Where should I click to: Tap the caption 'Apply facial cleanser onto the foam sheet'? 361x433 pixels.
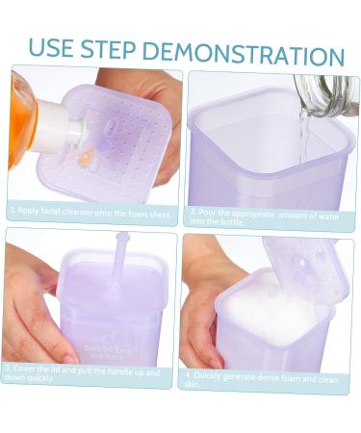point(91,208)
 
